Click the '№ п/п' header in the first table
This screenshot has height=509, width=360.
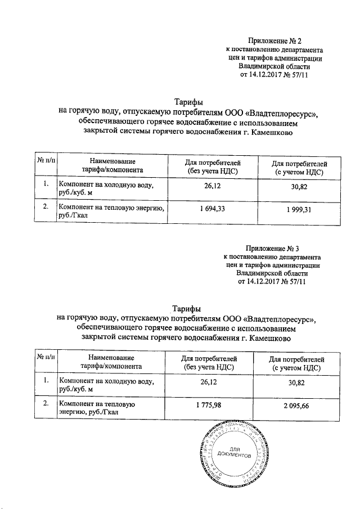tap(46, 161)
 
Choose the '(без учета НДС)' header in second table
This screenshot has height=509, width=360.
tap(209, 367)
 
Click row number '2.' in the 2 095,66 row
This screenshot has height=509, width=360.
tap(46, 404)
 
